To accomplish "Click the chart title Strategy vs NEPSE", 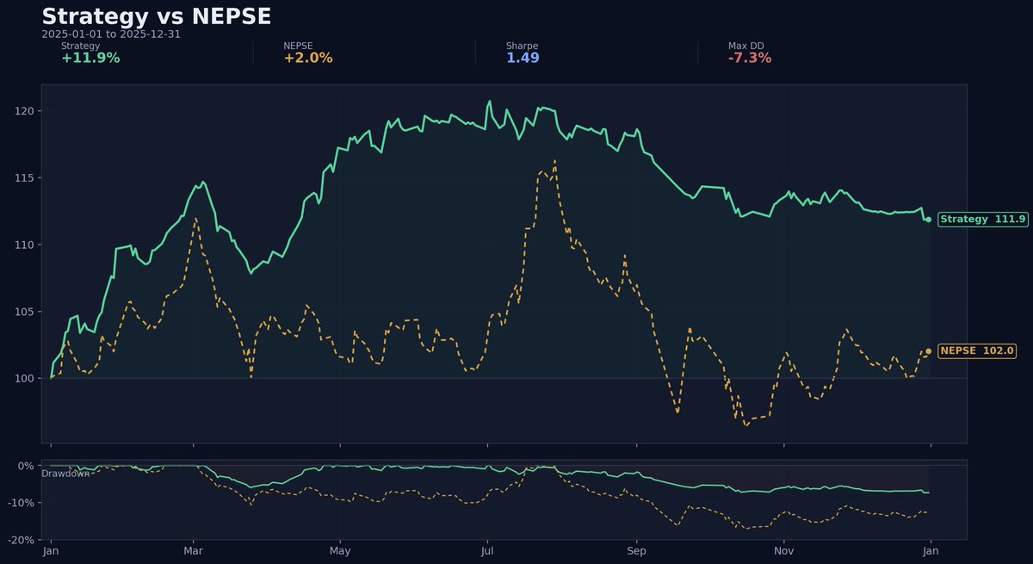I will tap(156, 16).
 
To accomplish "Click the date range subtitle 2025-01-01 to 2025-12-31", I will tap(111, 34).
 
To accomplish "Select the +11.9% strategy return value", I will tap(90, 59).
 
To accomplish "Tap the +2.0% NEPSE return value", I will tap(307, 59).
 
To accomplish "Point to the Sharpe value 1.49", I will tap(523, 59).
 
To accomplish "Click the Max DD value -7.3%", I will tap(749, 59).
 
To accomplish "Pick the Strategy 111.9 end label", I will tap(982, 220).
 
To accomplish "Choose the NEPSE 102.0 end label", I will tap(977, 351).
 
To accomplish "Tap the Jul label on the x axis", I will tap(487, 550).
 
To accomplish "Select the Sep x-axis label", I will tap(636, 550).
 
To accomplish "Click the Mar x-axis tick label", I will tap(194, 550).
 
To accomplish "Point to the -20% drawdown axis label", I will tap(21, 540).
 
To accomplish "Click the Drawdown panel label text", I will tap(65, 474).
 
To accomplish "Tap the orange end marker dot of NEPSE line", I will tap(928, 351).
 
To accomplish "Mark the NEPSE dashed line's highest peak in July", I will tap(555, 160).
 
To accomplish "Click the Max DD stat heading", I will tap(745, 46).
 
